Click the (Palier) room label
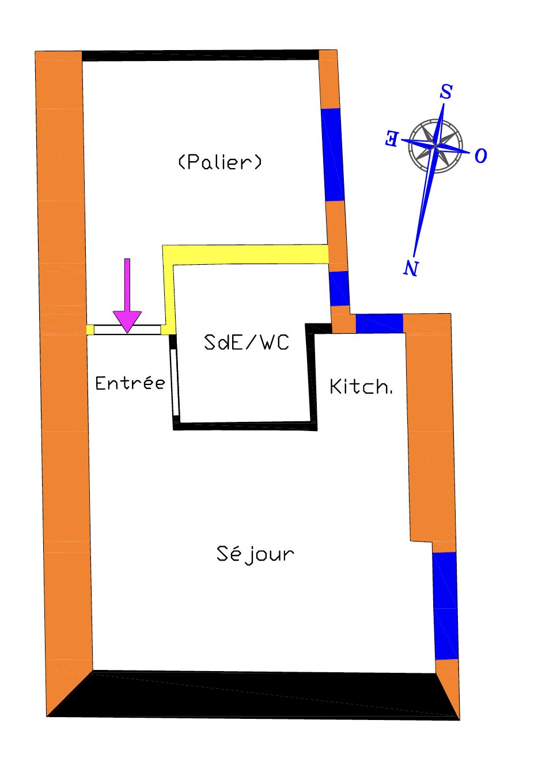(x=220, y=162)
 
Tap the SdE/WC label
(x=247, y=342)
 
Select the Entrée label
(x=130, y=383)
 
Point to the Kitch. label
(x=361, y=387)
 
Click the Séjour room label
(x=255, y=554)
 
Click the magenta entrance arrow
(x=127, y=299)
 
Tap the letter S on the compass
(x=446, y=92)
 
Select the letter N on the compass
(x=411, y=268)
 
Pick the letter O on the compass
(x=481, y=155)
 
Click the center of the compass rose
(x=436, y=146)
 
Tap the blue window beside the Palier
(x=332, y=154)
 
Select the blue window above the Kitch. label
(x=379, y=323)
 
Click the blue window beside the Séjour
(x=445, y=605)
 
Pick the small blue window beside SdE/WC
(x=339, y=288)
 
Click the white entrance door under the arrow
(x=127, y=330)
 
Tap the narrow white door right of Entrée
(x=175, y=382)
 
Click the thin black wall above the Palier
(x=200, y=55)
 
